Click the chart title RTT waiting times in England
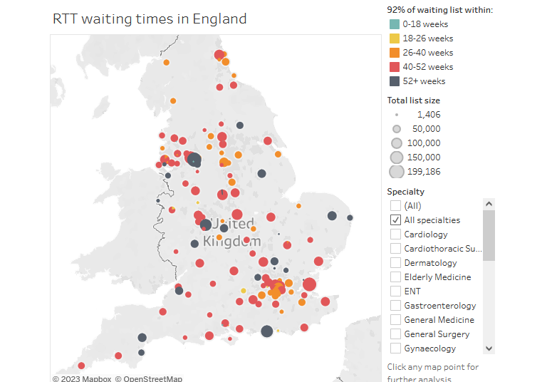coord(150,19)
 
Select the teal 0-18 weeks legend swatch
coord(395,24)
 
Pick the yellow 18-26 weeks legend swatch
coord(395,38)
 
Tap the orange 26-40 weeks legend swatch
coord(395,53)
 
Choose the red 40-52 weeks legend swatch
coord(395,67)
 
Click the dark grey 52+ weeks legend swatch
coord(395,81)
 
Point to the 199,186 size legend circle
coord(397,172)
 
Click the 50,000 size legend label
coord(427,129)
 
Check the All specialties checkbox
coord(395,220)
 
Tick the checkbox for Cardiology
coord(395,234)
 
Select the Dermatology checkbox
coord(395,263)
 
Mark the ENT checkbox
coord(395,291)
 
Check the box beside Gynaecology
coord(395,349)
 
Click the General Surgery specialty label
coord(437,334)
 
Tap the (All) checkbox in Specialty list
coord(395,206)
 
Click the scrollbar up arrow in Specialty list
coord(489,204)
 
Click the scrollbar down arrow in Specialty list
coord(489,348)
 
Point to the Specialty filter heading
coord(405,192)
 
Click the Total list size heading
coord(413,100)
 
